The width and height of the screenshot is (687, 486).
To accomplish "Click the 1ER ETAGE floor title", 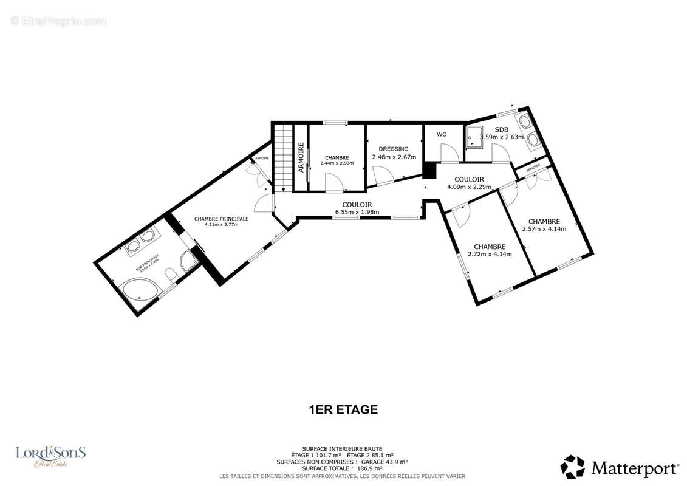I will [343, 409].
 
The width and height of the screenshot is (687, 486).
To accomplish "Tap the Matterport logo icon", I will [572, 467].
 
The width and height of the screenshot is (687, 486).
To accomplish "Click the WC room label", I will [442, 134].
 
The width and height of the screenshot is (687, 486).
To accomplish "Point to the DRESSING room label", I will [394, 149].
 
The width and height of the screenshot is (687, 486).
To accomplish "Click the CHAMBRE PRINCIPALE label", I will [221, 219].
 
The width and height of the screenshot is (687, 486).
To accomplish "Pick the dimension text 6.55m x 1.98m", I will [357, 212].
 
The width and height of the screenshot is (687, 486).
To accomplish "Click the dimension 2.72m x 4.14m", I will [490, 254].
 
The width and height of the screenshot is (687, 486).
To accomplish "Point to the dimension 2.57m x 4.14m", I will [544, 229].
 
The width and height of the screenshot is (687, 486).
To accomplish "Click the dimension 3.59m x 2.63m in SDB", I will [502, 137].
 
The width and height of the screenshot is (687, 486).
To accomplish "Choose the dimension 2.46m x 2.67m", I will [394, 157].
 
